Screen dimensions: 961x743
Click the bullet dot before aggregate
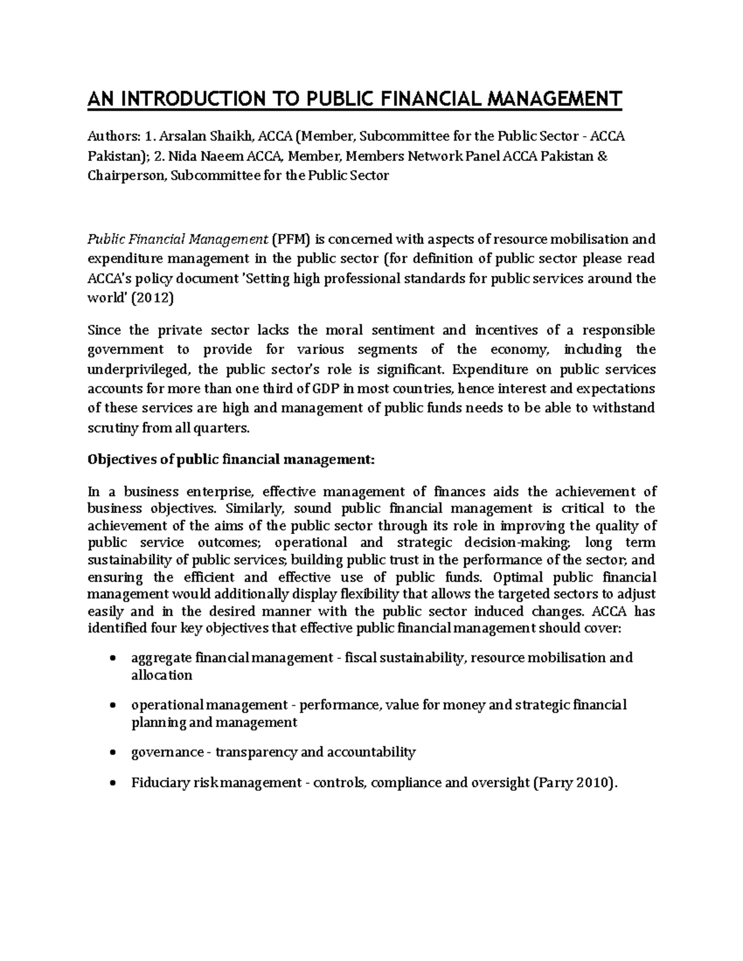(x=112, y=658)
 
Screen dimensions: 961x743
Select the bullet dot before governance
(x=112, y=753)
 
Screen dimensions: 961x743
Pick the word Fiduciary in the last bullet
(x=160, y=783)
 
